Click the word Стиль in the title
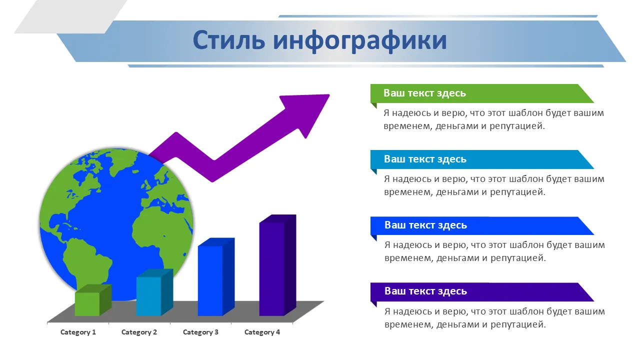(229, 40)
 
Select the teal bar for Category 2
(154, 292)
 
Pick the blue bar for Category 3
(216, 277)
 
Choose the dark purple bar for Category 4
(277, 265)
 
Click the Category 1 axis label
(78, 332)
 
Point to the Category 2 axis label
(139, 332)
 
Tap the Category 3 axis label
(200, 332)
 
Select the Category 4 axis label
(262, 332)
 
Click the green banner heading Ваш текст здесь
(424, 93)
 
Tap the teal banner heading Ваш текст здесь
(425, 159)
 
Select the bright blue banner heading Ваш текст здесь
(425, 225)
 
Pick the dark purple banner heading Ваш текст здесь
(425, 291)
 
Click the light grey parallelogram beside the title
(70, 16)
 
